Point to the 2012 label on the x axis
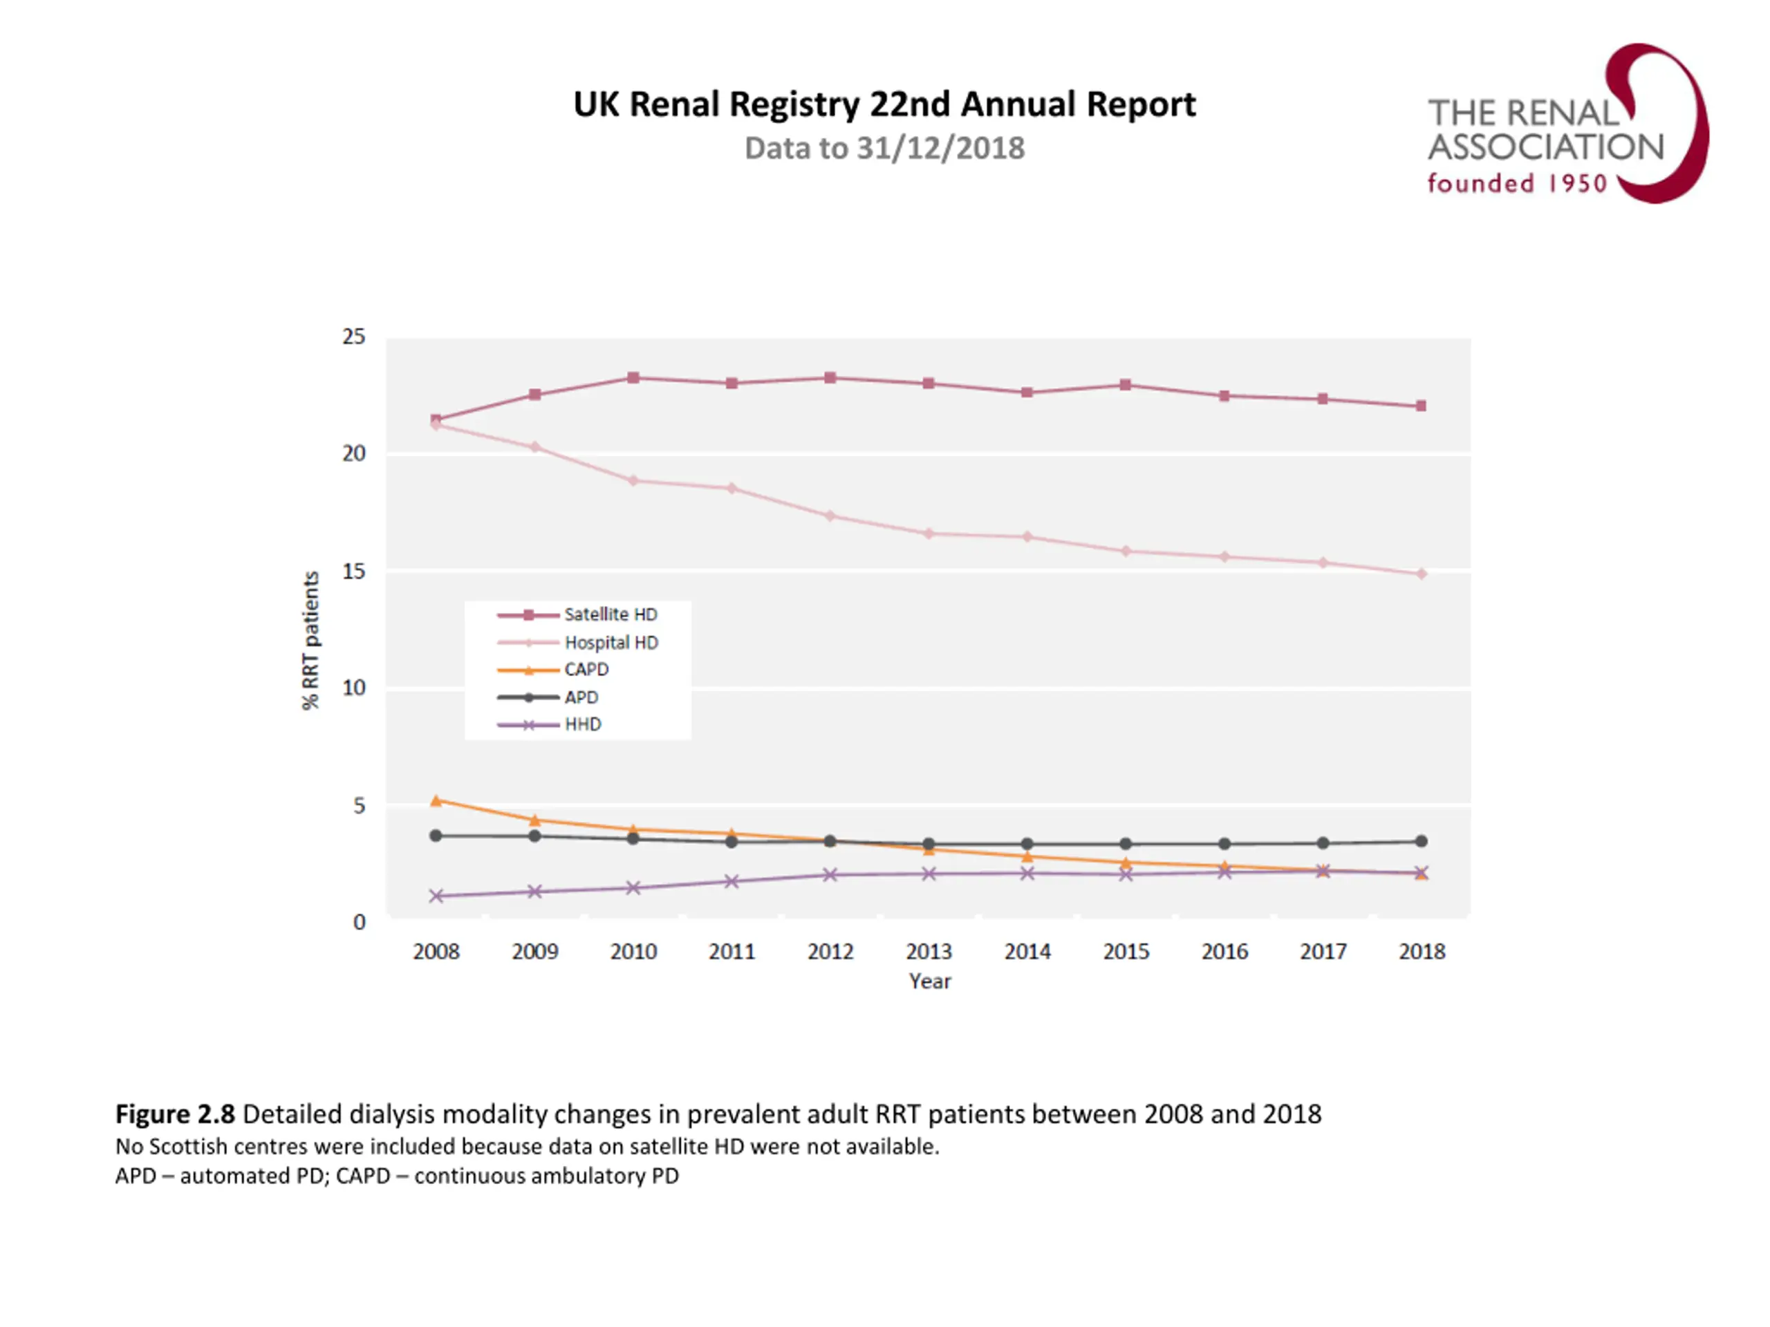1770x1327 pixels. (x=830, y=951)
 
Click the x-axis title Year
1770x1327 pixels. (x=929, y=981)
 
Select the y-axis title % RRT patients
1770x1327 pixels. (x=310, y=640)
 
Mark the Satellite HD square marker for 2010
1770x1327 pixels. (x=633, y=377)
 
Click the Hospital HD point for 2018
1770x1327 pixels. (x=1421, y=574)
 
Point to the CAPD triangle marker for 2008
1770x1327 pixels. (x=436, y=800)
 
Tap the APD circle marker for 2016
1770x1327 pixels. (x=1224, y=844)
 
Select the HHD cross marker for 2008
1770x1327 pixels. (x=436, y=896)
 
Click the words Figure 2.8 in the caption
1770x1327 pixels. (x=174, y=1114)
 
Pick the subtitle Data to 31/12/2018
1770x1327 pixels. (x=884, y=149)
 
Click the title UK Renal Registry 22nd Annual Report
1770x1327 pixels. (x=884, y=104)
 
